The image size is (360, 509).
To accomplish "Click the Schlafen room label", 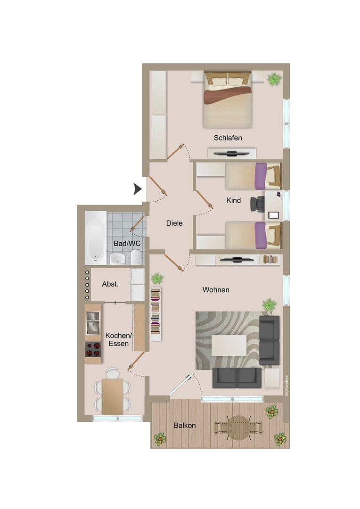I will (x=228, y=138).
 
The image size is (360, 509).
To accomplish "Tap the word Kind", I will (x=233, y=200).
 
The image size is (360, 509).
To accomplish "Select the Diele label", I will (x=174, y=223).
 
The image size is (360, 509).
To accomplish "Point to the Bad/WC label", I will (x=127, y=243).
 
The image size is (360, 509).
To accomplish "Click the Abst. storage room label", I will (x=110, y=284).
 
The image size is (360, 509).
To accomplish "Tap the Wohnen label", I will (x=216, y=289).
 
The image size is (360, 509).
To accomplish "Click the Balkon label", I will (x=184, y=425).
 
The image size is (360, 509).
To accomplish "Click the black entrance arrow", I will (x=138, y=189).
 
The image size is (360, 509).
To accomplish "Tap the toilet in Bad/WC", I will (x=135, y=257).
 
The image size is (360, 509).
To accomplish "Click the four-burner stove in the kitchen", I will (x=93, y=349).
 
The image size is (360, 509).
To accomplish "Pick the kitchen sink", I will (x=93, y=323).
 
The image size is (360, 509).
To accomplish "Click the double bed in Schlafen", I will (x=227, y=99).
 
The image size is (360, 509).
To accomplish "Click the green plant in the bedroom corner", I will (x=274, y=79).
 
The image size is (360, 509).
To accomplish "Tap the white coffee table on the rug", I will (x=229, y=345).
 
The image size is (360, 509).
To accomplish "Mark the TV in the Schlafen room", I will (x=231, y=154).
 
